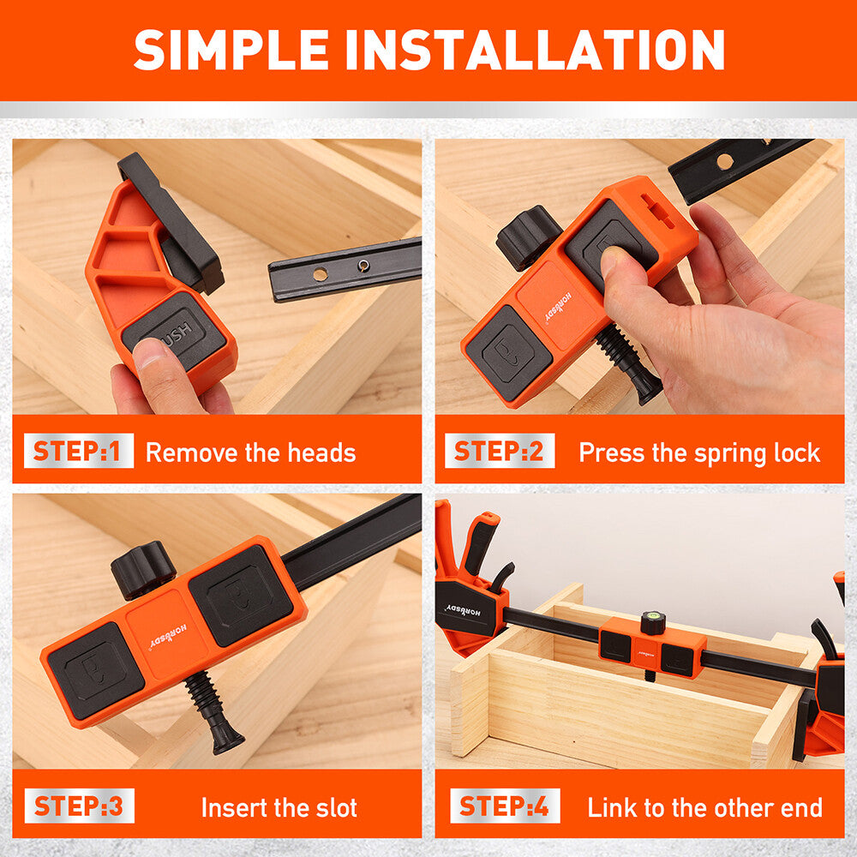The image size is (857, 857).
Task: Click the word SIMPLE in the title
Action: [231, 50]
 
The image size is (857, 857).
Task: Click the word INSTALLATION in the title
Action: [535, 50]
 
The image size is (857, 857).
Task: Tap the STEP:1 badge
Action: [79, 451]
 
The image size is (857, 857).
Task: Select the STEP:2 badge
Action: [500, 451]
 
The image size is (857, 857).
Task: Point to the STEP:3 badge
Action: [79, 806]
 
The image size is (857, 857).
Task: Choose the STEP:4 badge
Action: [505, 806]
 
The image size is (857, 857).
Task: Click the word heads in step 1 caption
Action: [321, 452]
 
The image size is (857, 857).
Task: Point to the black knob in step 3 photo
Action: [143, 569]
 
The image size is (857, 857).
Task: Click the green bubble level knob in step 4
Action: [653, 622]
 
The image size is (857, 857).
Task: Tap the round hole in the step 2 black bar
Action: [725, 161]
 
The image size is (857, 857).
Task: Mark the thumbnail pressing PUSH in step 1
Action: [148, 349]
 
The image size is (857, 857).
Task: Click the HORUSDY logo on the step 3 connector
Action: [168, 637]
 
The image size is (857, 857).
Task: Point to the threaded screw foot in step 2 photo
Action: [628, 363]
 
